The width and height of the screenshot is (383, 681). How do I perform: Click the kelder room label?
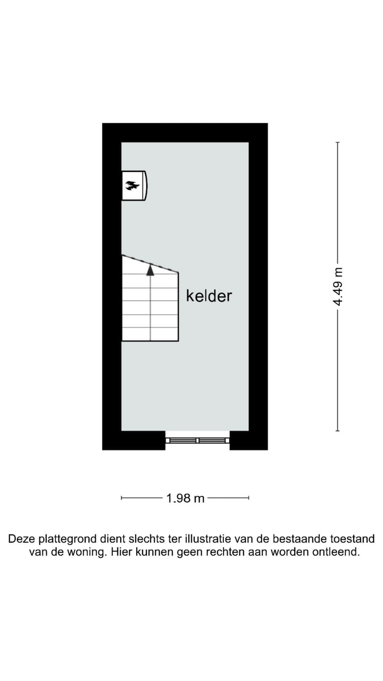click(x=209, y=296)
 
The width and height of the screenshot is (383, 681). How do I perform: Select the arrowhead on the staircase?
click(x=151, y=270)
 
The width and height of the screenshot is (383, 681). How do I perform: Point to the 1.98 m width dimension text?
click(x=185, y=499)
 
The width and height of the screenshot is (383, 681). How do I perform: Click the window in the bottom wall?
click(x=197, y=440)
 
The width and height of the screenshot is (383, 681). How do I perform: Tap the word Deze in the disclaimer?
click(x=22, y=539)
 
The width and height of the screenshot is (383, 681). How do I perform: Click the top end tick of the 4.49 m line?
click(x=338, y=143)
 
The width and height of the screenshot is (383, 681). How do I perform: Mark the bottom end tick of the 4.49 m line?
click(x=338, y=430)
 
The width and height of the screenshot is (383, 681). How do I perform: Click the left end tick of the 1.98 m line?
click(x=122, y=498)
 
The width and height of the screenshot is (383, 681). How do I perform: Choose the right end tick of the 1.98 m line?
click(x=249, y=498)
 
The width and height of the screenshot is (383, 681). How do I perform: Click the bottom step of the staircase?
click(x=151, y=335)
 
